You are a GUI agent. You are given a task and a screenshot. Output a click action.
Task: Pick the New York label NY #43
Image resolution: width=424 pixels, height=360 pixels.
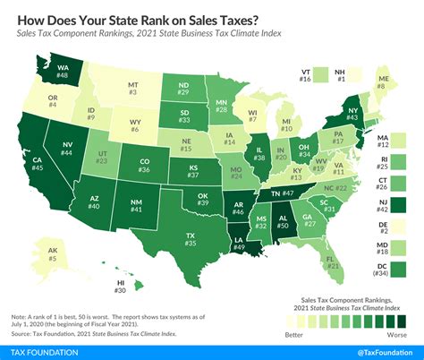point(353,115)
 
